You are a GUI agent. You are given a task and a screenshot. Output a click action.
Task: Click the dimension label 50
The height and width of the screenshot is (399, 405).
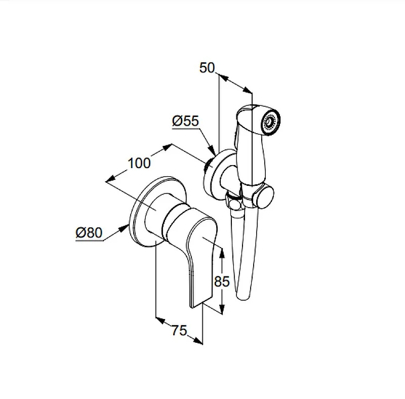(x=207, y=68)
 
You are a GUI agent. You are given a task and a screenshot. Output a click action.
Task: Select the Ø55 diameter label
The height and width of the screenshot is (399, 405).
(x=185, y=121)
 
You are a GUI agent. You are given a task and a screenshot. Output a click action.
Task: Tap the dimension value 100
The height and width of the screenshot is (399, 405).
(x=139, y=163)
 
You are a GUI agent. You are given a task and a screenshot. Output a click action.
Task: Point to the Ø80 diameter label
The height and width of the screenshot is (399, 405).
(x=89, y=232)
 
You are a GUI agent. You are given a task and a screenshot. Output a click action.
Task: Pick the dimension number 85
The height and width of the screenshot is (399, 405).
(x=222, y=282)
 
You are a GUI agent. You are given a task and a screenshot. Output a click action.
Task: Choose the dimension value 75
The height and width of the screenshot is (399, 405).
(x=179, y=330)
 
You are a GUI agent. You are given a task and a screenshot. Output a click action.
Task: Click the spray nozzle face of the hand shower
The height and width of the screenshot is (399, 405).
(x=271, y=122)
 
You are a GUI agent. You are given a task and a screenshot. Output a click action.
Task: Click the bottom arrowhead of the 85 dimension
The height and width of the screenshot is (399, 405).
(x=222, y=308)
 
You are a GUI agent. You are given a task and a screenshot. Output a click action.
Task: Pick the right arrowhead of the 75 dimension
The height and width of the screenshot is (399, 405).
(x=197, y=341)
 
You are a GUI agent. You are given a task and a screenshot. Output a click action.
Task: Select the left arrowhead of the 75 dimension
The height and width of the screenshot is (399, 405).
(x=160, y=320)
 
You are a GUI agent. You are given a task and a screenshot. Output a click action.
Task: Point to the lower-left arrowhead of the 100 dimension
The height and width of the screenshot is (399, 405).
(x=110, y=179)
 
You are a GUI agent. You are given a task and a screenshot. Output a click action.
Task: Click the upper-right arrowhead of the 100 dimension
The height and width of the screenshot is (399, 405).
(x=167, y=147)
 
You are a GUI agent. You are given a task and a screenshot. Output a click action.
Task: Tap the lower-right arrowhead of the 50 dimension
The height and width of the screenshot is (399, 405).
(x=247, y=90)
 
